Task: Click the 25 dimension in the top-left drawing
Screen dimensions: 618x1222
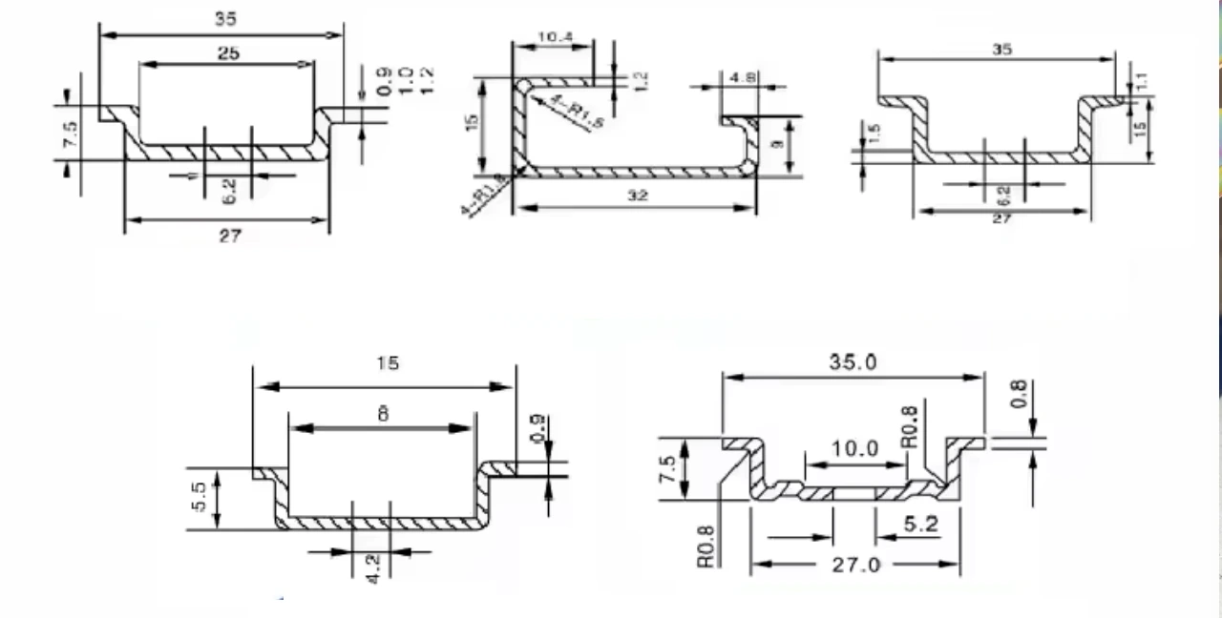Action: pyautogui.click(x=228, y=54)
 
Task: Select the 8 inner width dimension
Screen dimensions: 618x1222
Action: pyautogui.click(x=382, y=415)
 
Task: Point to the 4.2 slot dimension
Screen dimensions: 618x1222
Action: pyautogui.click(x=373, y=567)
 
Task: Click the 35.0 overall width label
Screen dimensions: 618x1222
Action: pyautogui.click(x=853, y=362)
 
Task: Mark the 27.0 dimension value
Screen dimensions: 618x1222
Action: pyautogui.click(x=854, y=565)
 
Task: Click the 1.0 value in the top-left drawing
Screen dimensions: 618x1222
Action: pyautogui.click(x=405, y=80)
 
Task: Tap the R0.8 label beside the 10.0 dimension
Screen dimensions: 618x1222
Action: pyautogui.click(x=909, y=427)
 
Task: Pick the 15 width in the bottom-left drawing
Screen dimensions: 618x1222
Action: pyautogui.click(x=388, y=363)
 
